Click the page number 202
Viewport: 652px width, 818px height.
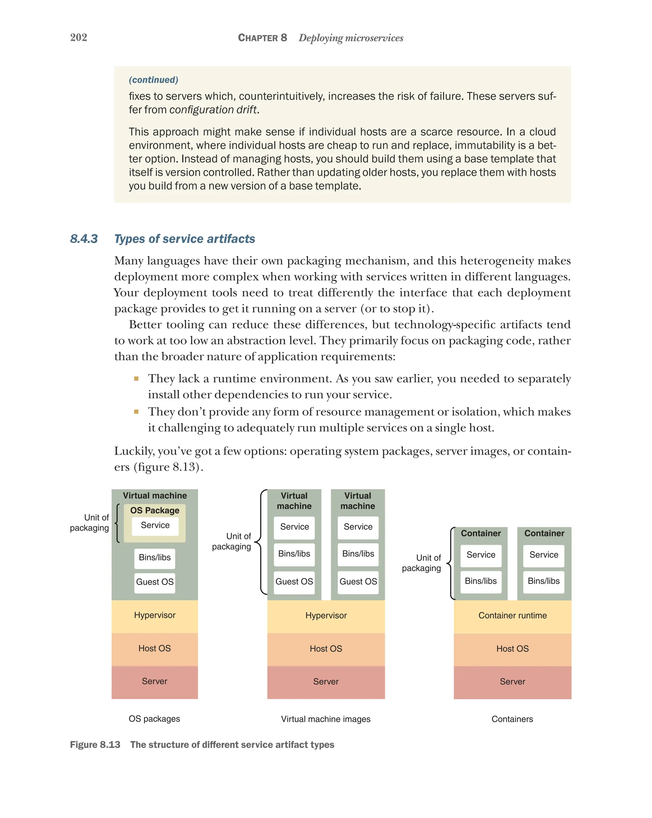pos(79,38)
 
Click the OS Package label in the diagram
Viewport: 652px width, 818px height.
pos(155,510)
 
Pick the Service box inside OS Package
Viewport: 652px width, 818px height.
pos(155,525)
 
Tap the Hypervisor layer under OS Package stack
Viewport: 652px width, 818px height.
pos(155,615)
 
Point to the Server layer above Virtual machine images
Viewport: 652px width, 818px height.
pos(326,682)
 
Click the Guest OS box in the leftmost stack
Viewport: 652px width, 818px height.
pos(155,582)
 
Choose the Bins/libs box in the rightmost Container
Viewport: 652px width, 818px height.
pos(543,581)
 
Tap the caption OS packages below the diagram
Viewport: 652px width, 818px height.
pos(154,719)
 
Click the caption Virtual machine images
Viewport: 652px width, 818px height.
pos(326,719)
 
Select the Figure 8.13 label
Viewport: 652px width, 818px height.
pos(95,745)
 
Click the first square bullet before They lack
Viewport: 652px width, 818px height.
pos(136,379)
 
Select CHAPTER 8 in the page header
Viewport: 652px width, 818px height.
pos(262,38)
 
